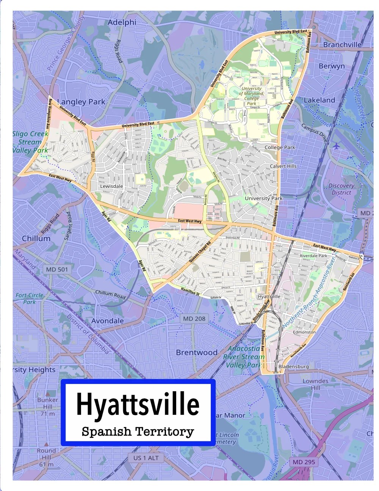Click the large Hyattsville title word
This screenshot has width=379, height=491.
[x=138, y=404]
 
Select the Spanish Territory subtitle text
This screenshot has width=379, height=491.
[x=138, y=431]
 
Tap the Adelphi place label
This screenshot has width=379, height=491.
[x=122, y=22]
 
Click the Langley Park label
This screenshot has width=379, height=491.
[x=81, y=102]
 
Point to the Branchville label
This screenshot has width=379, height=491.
[x=342, y=44]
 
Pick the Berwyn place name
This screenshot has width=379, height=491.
[x=332, y=66]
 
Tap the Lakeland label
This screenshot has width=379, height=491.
[x=319, y=100]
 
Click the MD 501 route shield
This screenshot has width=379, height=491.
[x=57, y=269]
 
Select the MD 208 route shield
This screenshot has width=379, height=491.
[x=194, y=319]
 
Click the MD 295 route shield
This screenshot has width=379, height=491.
[x=304, y=462]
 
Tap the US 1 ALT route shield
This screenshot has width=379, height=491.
[x=146, y=458]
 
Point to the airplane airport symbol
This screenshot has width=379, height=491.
[x=336, y=146]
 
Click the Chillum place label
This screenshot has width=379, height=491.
[x=36, y=238]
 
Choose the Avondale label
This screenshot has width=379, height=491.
[x=107, y=321]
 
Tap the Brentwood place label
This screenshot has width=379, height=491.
[x=196, y=353]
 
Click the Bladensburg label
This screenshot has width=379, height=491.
[x=293, y=367]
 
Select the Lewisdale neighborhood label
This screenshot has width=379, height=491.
[x=111, y=186]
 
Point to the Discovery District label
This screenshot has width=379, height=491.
[x=341, y=189]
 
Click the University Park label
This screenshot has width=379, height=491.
[x=263, y=198]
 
